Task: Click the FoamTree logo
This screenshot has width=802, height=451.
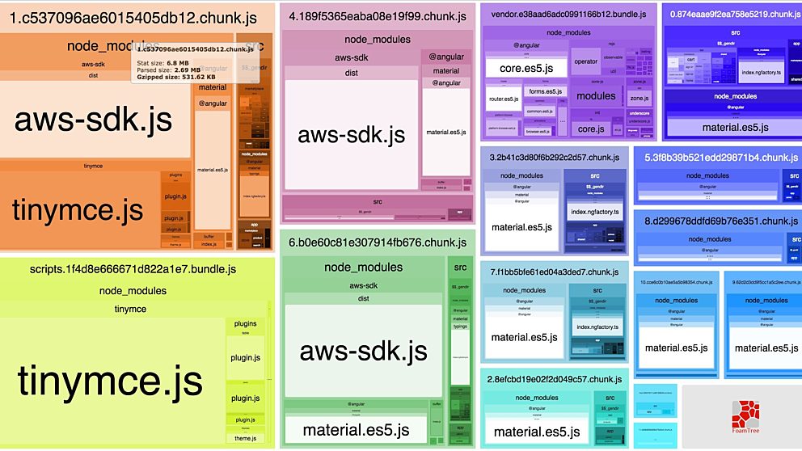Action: click(745, 415)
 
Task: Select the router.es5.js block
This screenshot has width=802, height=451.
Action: click(503, 99)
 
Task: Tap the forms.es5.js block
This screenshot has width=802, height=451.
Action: click(545, 91)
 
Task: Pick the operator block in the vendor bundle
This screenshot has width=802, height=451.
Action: click(585, 61)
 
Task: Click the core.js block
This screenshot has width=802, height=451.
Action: click(591, 129)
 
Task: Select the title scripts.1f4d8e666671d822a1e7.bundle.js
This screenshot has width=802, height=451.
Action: click(132, 269)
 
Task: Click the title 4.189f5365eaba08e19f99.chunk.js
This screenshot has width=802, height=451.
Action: click(377, 16)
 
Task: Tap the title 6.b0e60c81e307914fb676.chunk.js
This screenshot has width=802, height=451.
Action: click(378, 242)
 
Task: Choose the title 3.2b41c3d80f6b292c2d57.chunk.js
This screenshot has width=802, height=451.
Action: click(555, 158)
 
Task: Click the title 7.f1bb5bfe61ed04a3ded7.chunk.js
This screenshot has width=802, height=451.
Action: click(554, 272)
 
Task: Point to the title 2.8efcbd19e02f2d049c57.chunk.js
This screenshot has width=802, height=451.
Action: click(555, 379)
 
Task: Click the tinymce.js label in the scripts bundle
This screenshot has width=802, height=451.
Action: click(110, 380)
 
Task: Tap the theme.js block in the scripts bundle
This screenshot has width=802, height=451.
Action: click(244, 438)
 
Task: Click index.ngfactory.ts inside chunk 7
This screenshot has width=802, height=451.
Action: click(597, 327)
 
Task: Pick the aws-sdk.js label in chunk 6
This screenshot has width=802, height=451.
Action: click(363, 351)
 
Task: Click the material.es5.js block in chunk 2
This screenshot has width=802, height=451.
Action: click(534, 432)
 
